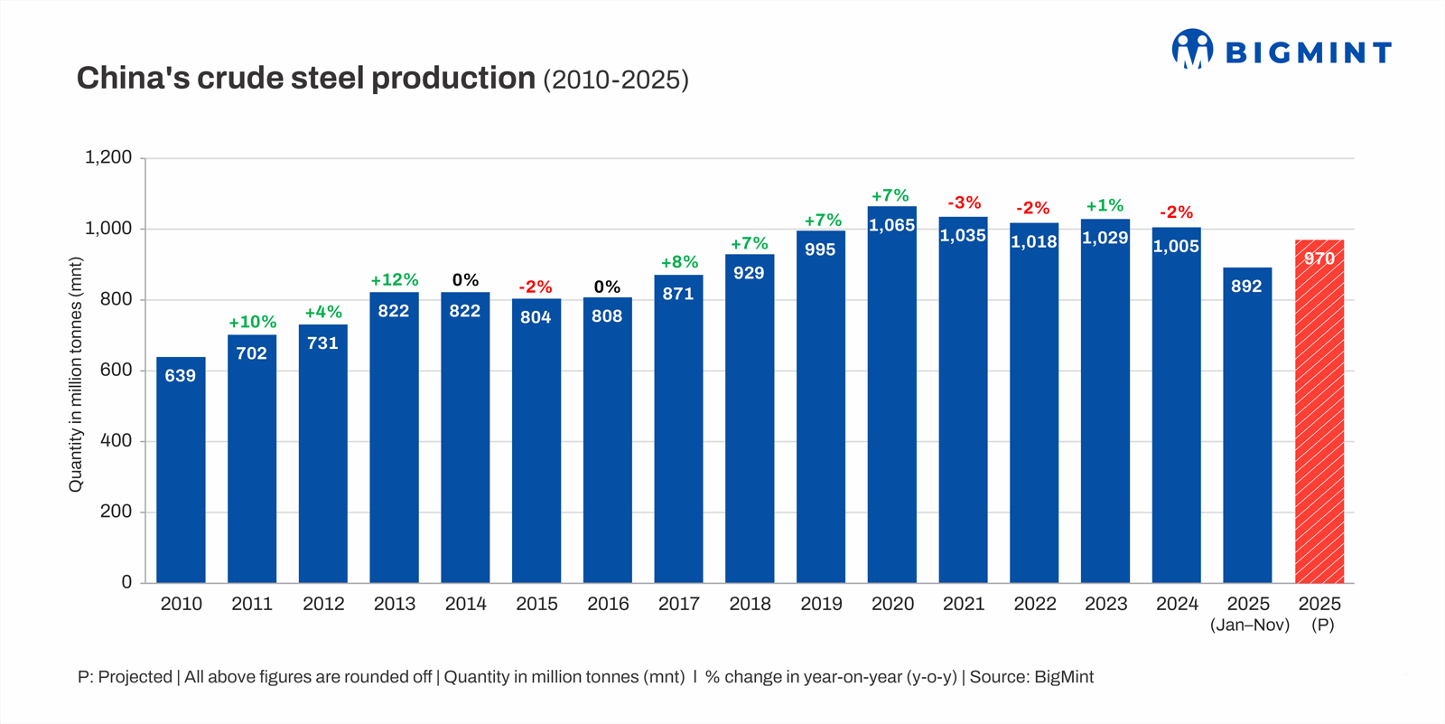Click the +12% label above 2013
(x=394, y=280)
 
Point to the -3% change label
(x=964, y=203)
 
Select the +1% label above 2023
(x=1105, y=206)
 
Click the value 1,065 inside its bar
(x=892, y=226)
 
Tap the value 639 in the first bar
(x=181, y=376)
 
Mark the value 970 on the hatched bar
(x=1319, y=259)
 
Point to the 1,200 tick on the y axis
(x=108, y=157)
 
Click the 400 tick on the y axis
(x=116, y=441)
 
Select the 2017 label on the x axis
(x=679, y=604)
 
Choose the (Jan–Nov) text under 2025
(x=1249, y=625)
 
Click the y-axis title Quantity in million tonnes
(x=76, y=374)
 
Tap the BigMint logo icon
(x=1192, y=49)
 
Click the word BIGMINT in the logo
(x=1308, y=52)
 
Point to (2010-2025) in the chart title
(x=616, y=80)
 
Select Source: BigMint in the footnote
(x=1031, y=677)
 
